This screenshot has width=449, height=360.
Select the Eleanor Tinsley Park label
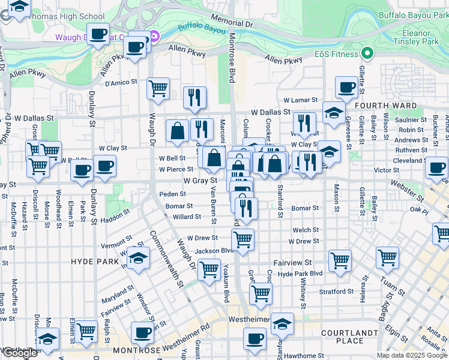click(x=416, y=38)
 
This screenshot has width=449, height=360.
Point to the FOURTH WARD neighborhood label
click(x=394, y=106)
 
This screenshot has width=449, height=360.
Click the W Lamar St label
click(x=300, y=100)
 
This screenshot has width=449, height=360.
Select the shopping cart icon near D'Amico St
click(x=158, y=89)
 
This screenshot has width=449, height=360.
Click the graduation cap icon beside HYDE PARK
click(x=139, y=259)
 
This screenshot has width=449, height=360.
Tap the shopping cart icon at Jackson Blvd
click(x=243, y=239)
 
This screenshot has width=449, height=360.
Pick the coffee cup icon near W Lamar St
click(x=346, y=87)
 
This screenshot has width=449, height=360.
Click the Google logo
click(x=20, y=353)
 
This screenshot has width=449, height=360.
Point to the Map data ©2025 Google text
click(x=411, y=355)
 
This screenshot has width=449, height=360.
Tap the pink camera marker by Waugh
click(x=154, y=37)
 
